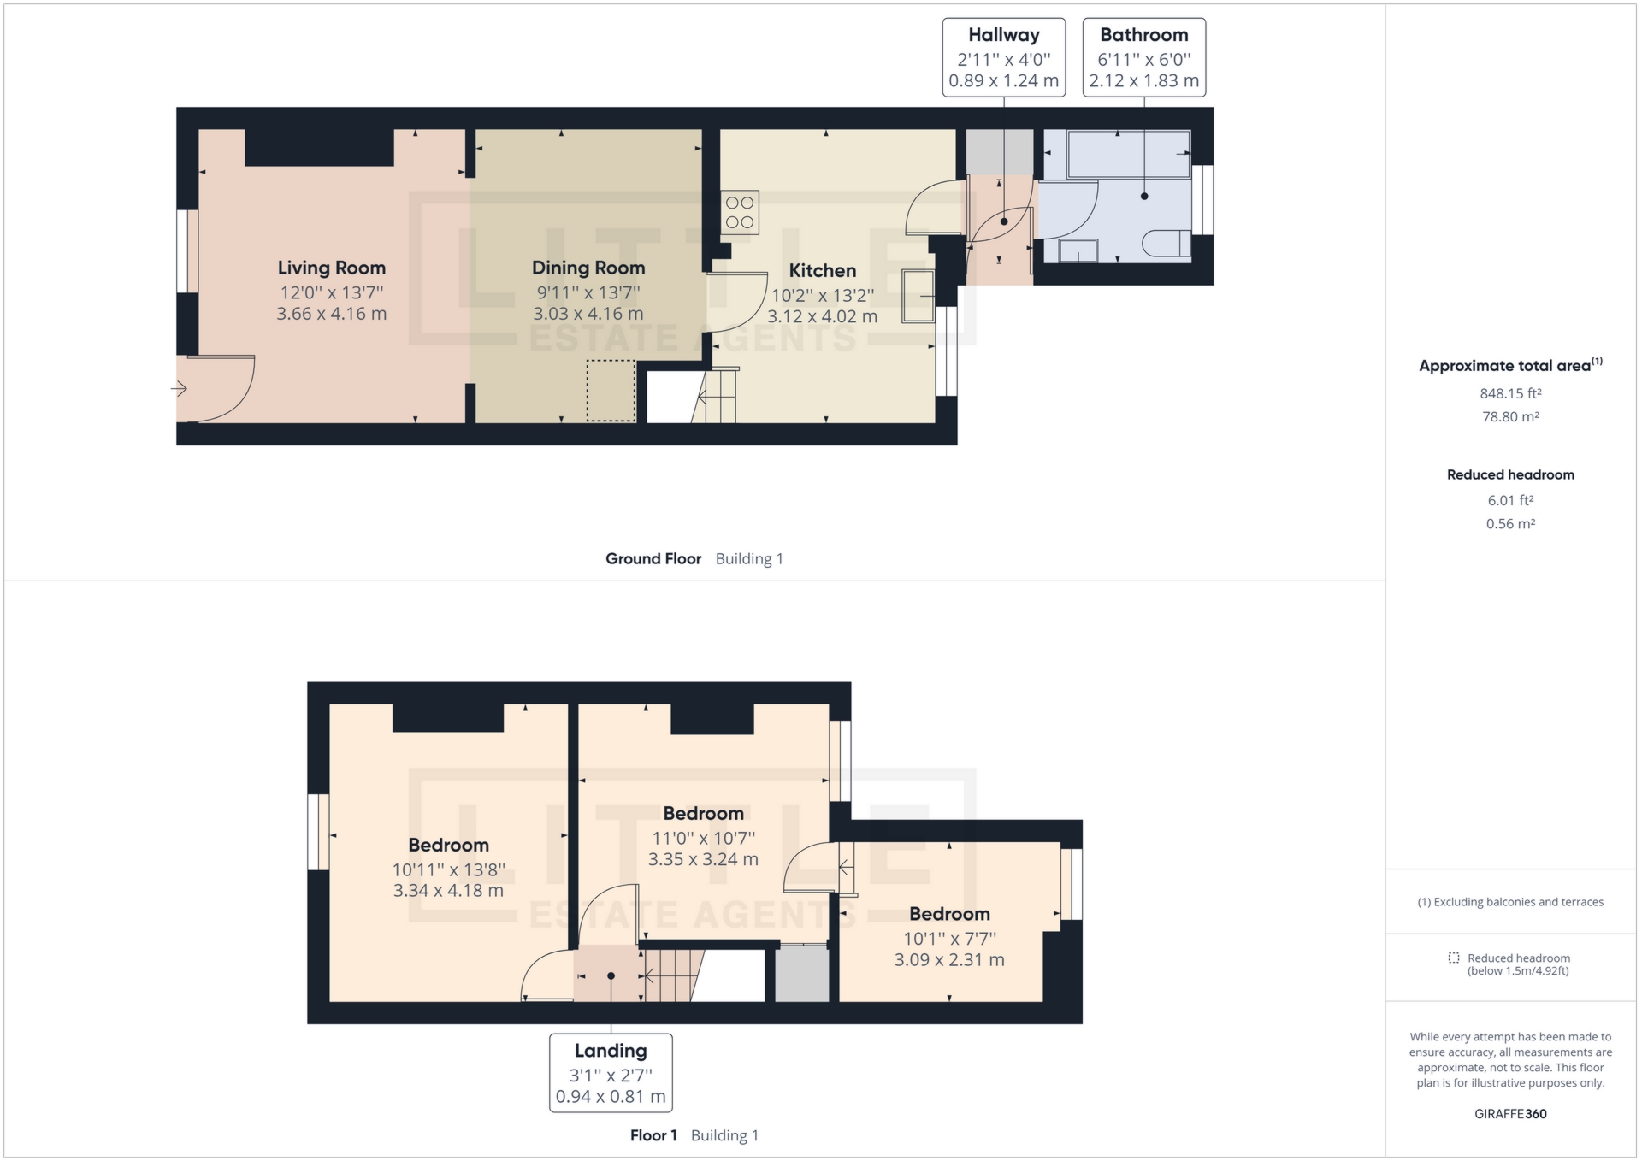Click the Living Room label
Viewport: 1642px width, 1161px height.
point(331,268)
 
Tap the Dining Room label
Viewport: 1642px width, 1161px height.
point(588,268)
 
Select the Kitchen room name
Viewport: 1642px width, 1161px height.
point(822,271)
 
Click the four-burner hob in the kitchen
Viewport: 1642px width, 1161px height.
point(740,213)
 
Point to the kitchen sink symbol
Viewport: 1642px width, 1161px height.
point(918,296)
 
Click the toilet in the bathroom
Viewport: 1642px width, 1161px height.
point(1167,244)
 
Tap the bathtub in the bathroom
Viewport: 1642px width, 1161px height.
point(1129,154)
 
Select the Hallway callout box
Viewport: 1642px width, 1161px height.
point(1004,57)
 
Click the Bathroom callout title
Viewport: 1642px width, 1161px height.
point(1144,35)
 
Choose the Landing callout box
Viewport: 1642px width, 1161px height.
point(611,1073)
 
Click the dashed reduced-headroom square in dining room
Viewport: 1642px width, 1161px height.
point(611,391)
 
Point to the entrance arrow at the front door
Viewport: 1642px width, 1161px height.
point(179,389)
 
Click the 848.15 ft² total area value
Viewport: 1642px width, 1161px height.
point(1510,394)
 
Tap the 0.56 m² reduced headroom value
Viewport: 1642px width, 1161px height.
point(1510,524)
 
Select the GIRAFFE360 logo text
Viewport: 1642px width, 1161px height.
point(1510,1114)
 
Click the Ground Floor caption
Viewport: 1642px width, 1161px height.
point(653,559)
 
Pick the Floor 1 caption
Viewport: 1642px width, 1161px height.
point(653,1135)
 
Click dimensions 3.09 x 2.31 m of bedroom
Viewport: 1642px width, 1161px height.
point(949,960)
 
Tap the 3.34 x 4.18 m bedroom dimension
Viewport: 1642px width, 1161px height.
point(448,891)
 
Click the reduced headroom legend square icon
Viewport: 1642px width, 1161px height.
point(1453,958)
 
